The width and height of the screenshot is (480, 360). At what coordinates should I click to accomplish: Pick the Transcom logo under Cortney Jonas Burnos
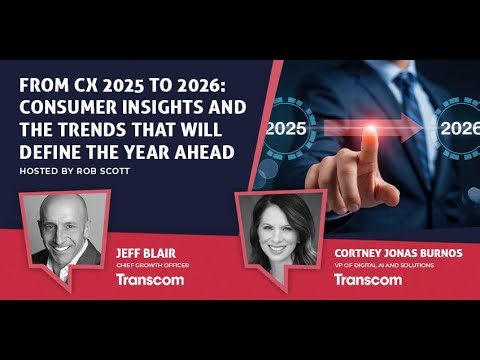click(369, 279)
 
